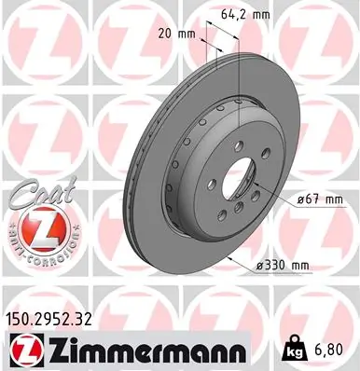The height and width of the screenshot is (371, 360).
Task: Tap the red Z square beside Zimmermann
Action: pyautogui.click(x=19, y=350)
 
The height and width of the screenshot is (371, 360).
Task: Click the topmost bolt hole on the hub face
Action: pyautogui.click(x=239, y=147)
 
